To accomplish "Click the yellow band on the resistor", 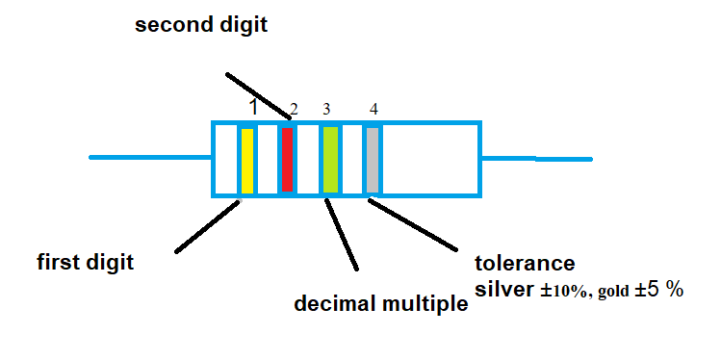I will pos(246,160).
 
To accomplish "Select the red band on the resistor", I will pos(287,160).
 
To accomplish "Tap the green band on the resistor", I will pos(330,160).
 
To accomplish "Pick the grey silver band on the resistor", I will pos(373,160).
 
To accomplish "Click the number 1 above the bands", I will pos(253,108).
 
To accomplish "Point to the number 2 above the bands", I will pos(294,109).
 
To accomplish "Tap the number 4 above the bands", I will pos(373,109).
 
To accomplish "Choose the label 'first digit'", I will pos(85,262).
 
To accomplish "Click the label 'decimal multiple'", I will pos(380,305).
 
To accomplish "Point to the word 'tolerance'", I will pos(525,263).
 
